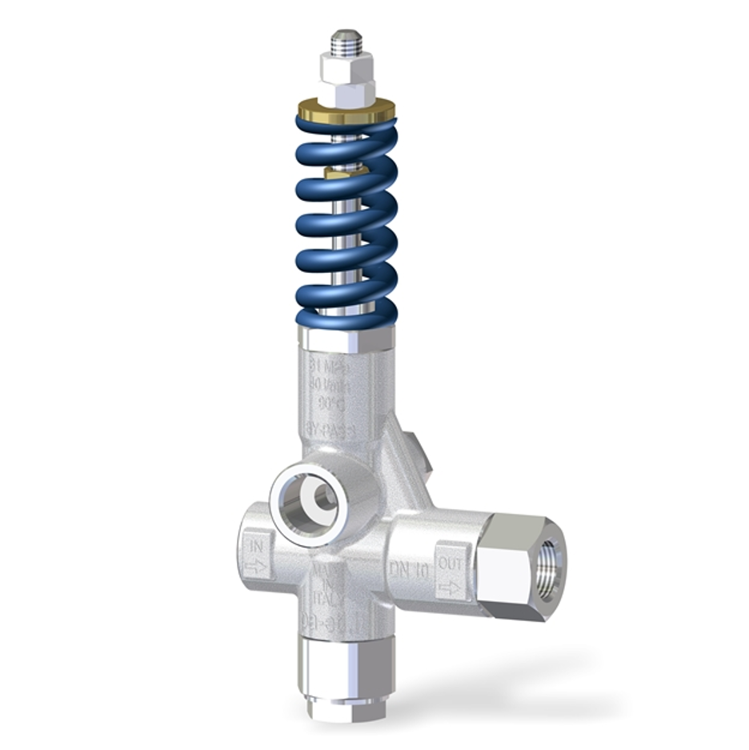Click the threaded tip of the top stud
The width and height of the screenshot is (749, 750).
coord(346,41)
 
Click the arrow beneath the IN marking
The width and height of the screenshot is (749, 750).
coord(257,567)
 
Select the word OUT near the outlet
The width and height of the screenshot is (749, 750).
coord(450,565)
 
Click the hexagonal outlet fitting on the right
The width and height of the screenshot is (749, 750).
coord(512,565)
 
